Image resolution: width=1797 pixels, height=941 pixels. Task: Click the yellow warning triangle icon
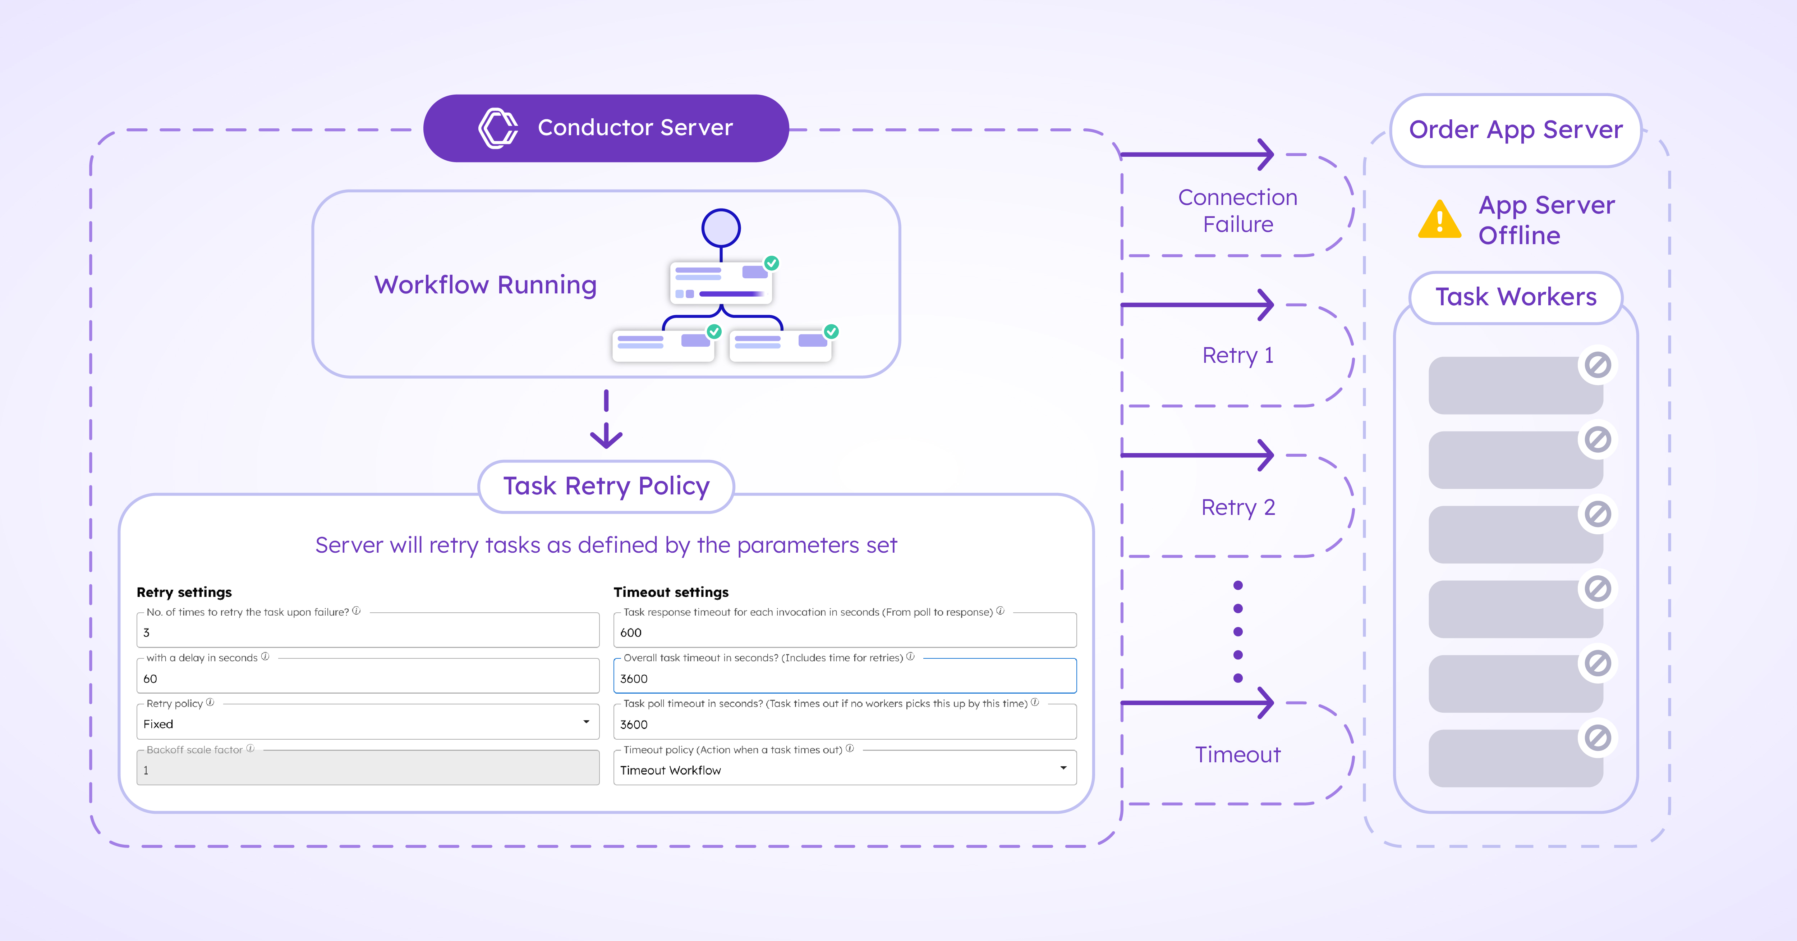click(1439, 220)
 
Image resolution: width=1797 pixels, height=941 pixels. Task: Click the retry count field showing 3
click(368, 632)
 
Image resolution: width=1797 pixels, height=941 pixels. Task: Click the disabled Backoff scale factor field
click(368, 770)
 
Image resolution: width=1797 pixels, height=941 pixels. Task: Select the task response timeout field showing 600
click(844, 632)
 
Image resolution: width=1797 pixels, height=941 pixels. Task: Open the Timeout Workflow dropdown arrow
click(1062, 768)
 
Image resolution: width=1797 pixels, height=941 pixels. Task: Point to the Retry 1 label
click(1237, 355)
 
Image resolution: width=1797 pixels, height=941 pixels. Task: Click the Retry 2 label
click(1237, 507)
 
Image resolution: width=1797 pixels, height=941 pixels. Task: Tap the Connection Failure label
click(1237, 211)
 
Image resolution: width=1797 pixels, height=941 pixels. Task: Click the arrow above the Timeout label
click(1197, 703)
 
